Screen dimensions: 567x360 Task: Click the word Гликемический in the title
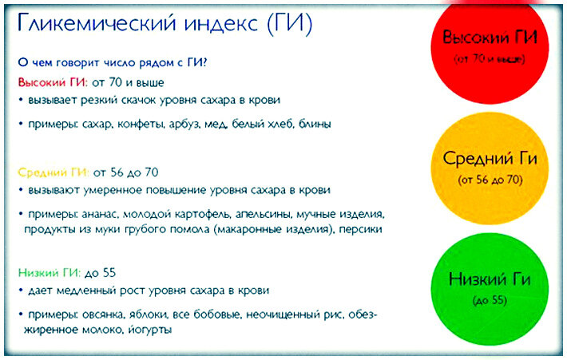click(x=97, y=23)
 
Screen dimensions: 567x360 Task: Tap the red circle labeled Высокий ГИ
click(x=490, y=49)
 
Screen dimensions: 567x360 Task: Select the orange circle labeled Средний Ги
click(x=490, y=168)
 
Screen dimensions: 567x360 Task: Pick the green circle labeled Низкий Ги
click(x=490, y=289)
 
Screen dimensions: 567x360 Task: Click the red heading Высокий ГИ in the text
click(x=53, y=82)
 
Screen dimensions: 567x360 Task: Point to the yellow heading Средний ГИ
click(x=53, y=172)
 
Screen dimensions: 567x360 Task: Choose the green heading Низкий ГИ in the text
click(x=50, y=272)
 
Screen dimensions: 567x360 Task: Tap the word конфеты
click(x=141, y=125)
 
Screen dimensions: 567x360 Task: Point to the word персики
click(x=360, y=230)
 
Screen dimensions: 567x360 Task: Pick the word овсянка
click(x=103, y=315)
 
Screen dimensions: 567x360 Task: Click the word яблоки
click(x=147, y=315)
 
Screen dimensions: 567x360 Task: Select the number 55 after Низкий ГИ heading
click(x=109, y=272)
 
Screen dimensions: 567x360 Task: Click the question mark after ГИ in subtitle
click(x=204, y=62)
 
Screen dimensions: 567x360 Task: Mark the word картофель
click(x=202, y=215)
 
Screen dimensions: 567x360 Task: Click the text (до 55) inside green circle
click(x=490, y=300)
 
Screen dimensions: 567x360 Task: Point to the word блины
click(x=315, y=125)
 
